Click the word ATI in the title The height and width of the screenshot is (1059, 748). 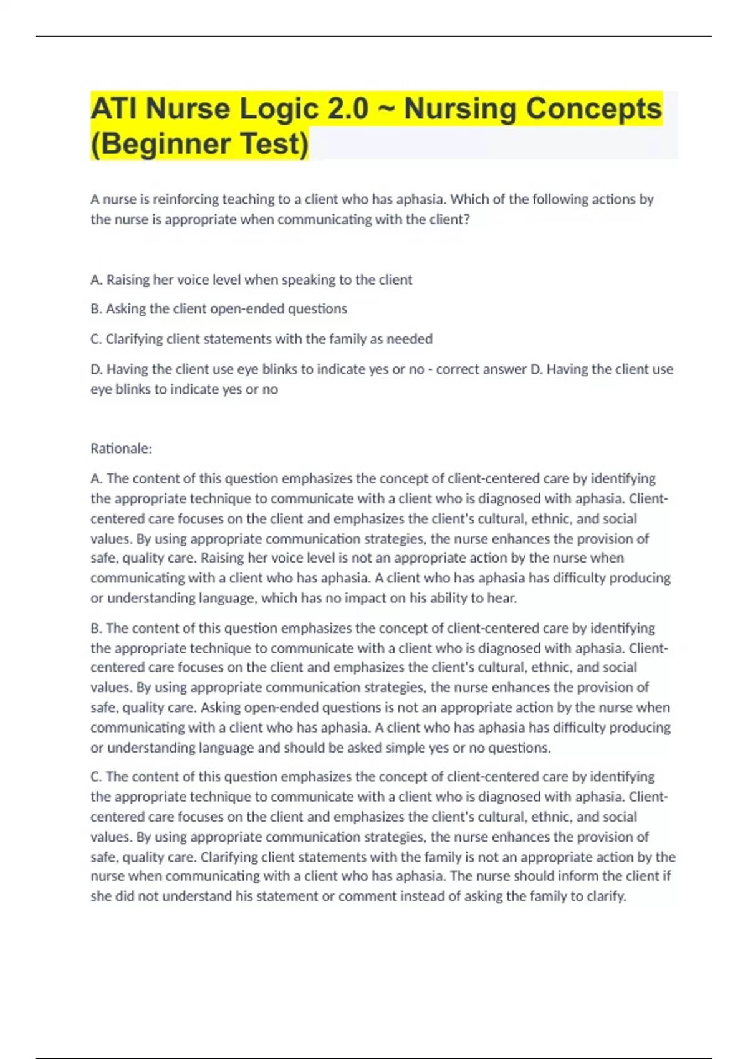click(114, 108)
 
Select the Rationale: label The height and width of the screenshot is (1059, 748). click(121, 449)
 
